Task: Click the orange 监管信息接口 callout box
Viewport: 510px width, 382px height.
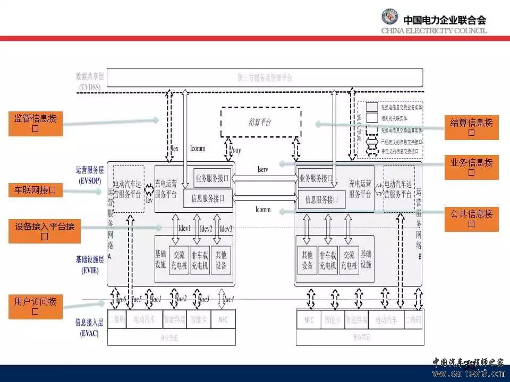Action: point(36,123)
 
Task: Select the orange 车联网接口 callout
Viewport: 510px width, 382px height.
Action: point(36,189)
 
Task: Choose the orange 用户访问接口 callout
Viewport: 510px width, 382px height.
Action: point(36,306)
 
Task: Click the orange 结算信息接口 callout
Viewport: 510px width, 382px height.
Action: point(471,128)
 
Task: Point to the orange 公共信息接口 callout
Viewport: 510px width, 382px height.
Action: point(471,219)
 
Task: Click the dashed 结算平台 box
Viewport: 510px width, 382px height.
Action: point(260,123)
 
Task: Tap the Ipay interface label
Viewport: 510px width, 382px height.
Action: point(236,151)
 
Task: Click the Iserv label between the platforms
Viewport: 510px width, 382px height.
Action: point(262,170)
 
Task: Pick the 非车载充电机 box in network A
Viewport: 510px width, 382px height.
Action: point(199,260)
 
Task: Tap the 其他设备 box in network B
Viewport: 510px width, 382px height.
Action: point(307,260)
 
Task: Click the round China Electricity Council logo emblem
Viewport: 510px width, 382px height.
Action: point(389,19)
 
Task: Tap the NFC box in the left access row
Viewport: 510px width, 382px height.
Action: point(223,320)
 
